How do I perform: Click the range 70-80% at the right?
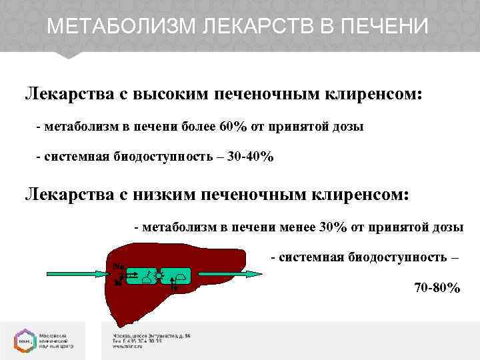[437, 288]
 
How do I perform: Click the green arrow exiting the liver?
[227, 273]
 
